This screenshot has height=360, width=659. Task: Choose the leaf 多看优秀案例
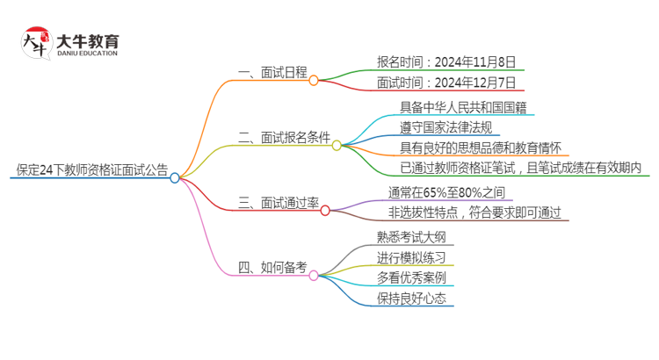pos(411,277)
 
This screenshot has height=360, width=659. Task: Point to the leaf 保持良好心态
pos(410,299)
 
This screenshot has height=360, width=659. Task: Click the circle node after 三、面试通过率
pos(324,210)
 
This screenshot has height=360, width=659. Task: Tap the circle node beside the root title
pos(175,178)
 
